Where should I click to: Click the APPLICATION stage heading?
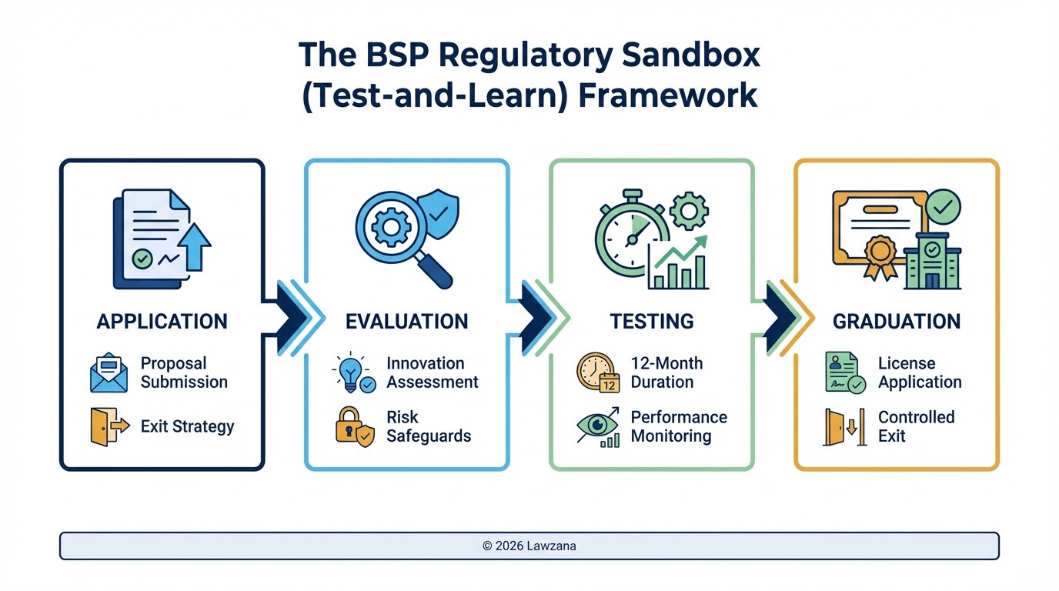coord(162,321)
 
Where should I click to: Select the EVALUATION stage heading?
coord(406,321)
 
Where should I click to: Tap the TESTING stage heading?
coord(651,321)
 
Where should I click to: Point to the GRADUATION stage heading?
coord(897,321)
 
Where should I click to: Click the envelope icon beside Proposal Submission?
coord(109,373)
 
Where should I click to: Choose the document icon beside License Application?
coord(844,373)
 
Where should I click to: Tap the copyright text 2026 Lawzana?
coord(529,546)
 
